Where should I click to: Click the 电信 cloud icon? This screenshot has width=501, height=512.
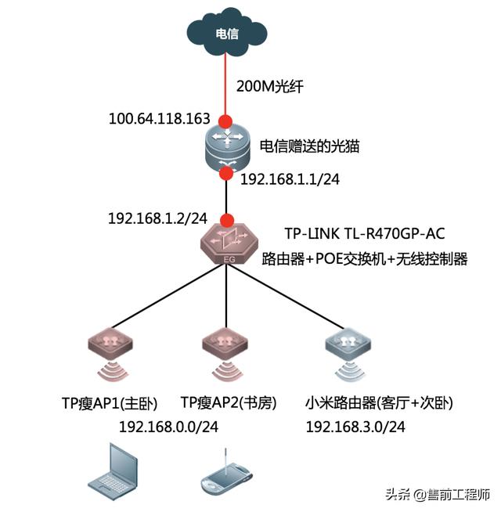pyautogui.click(x=226, y=33)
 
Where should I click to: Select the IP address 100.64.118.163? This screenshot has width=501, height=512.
pyautogui.click(x=160, y=119)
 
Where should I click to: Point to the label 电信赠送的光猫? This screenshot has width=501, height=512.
pyautogui.click(x=309, y=146)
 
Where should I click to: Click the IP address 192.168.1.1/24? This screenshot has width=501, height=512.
pyautogui.click(x=290, y=179)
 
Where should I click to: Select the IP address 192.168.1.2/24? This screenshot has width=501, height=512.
pyautogui.click(x=159, y=218)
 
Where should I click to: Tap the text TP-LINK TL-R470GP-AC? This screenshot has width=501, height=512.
pyautogui.click(x=363, y=233)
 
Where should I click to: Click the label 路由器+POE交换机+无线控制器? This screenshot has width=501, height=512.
pyautogui.click(x=364, y=259)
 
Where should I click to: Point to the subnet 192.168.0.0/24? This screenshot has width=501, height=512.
pyautogui.click(x=169, y=427)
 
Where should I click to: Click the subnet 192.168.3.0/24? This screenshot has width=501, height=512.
pyautogui.click(x=355, y=427)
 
